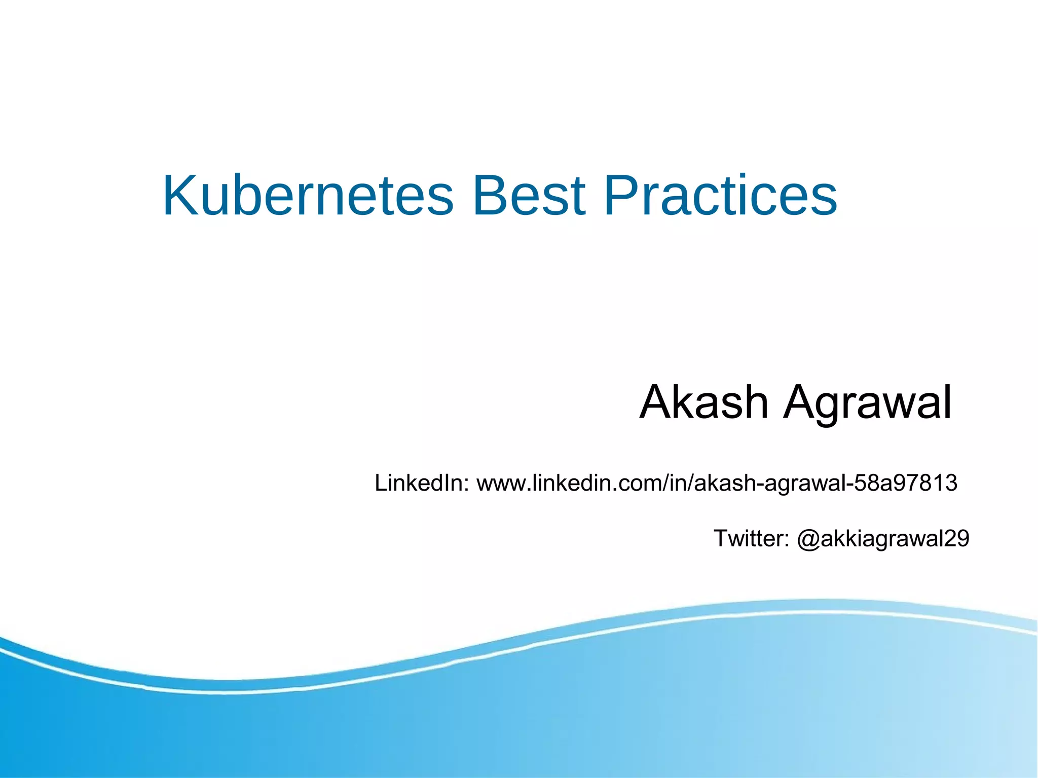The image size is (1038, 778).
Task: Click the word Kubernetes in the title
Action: pos(308,196)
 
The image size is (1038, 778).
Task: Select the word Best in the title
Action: pos(529,196)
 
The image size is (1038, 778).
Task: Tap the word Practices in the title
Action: pos(720,196)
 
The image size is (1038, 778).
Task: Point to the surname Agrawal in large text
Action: pos(867,403)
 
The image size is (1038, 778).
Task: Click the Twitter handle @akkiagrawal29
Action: pos(883,538)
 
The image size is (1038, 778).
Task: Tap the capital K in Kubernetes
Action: pos(179,196)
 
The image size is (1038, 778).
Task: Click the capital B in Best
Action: pos(489,196)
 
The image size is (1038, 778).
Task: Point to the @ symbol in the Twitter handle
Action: pos(808,539)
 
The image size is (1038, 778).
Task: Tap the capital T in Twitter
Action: pos(720,538)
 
